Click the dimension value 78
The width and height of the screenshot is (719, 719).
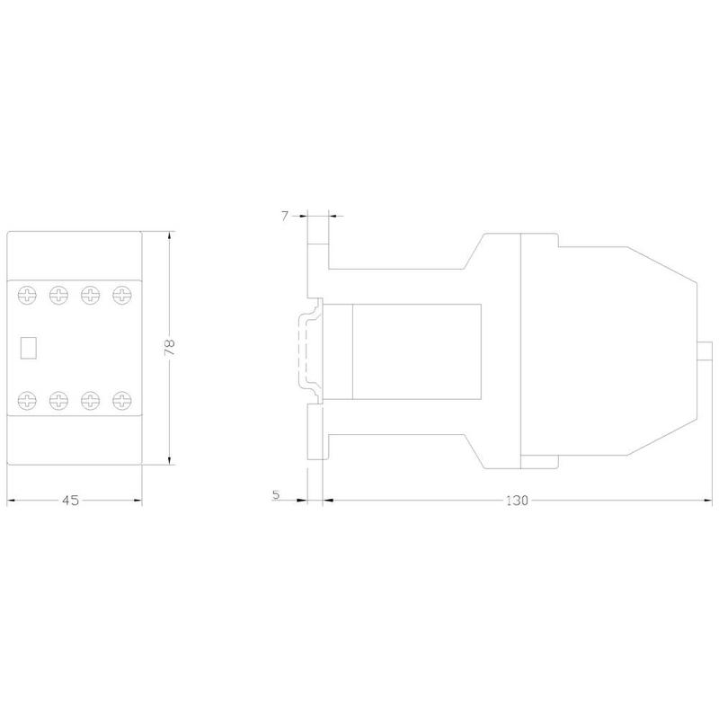[170, 347]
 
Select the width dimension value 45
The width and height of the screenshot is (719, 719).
[71, 501]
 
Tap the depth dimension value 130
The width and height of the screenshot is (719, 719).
[518, 501]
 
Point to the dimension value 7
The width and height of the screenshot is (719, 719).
[285, 216]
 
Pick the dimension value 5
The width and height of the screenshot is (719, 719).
[276, 495]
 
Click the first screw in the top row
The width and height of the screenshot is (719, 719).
[27, 295]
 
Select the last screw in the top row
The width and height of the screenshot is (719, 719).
[122, 295]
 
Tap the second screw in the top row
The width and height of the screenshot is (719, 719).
[58, 295]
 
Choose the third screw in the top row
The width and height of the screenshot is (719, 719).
[91, 295]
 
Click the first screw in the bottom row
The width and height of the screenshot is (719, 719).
[27, 400]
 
